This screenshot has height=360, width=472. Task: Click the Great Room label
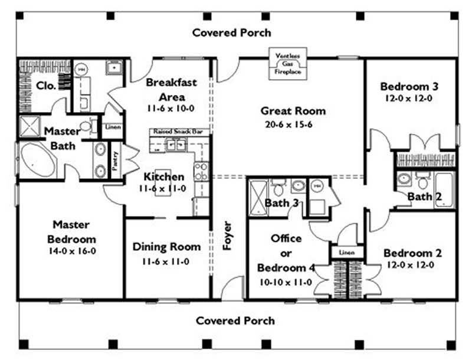293,110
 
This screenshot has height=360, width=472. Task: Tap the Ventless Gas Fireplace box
288,63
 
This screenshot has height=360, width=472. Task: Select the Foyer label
227,236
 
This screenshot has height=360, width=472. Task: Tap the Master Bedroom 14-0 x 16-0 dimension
71,250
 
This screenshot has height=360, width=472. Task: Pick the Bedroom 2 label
412,253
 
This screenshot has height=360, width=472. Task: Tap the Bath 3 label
277,204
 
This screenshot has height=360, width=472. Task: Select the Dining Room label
166,247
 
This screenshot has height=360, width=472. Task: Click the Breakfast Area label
171,89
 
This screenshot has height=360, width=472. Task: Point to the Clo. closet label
46,85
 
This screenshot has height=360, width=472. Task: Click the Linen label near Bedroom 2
346,253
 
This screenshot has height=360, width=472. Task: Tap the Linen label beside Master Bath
113,127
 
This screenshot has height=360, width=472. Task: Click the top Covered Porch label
232,32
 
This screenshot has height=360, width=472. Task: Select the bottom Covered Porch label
235,320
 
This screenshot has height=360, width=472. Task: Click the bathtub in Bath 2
444,189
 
